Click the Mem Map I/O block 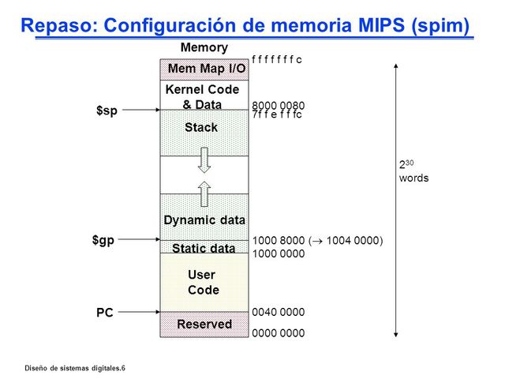(204, 69)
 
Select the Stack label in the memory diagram (201, 127)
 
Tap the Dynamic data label (204, 220)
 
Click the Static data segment (204, 248)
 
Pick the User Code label (203, 283)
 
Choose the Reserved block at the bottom (204, 324)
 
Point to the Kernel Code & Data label (202, 97)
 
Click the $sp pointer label (107, 111)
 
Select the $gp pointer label (103, 239)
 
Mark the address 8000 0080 (279, 105)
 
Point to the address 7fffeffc (277, 114)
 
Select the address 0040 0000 (279, 312)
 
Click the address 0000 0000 (279, 333)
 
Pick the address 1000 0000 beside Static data (279, 253)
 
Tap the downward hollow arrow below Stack (204, 159)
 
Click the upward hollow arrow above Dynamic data (204, 193)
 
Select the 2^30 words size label (413, 171)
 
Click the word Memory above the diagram (204, 48)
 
